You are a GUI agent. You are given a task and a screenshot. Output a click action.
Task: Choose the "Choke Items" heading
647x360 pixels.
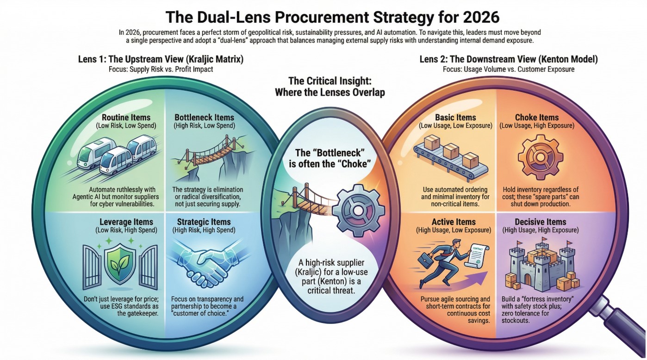[537, 118]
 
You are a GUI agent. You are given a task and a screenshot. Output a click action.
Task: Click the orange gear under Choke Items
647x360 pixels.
[536, 157]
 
